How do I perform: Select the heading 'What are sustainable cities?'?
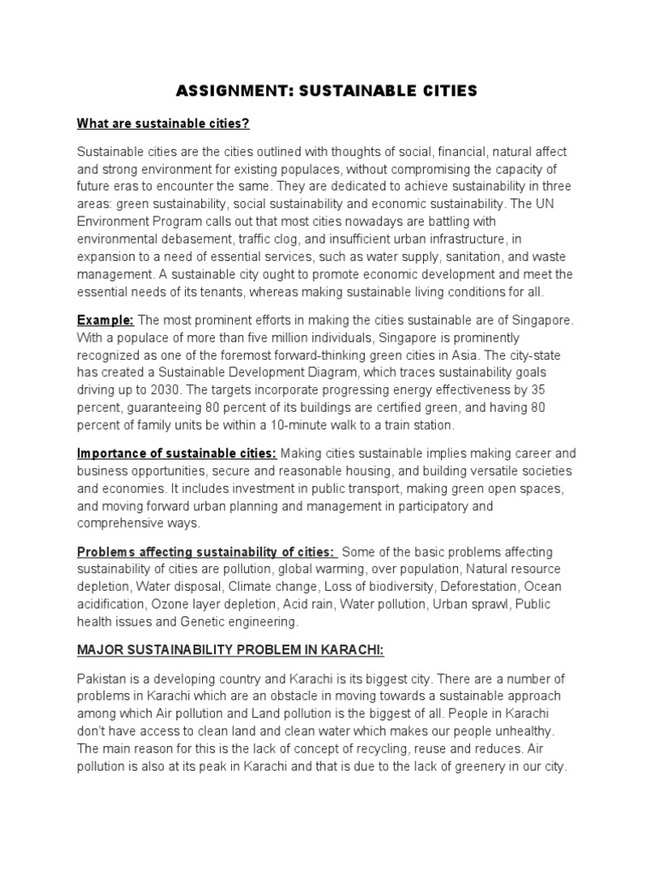coord(163,124)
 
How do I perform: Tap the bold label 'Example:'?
coord(106,319)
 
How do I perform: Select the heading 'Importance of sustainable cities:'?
coord(177,453)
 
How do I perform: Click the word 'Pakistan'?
coord(101,678)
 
